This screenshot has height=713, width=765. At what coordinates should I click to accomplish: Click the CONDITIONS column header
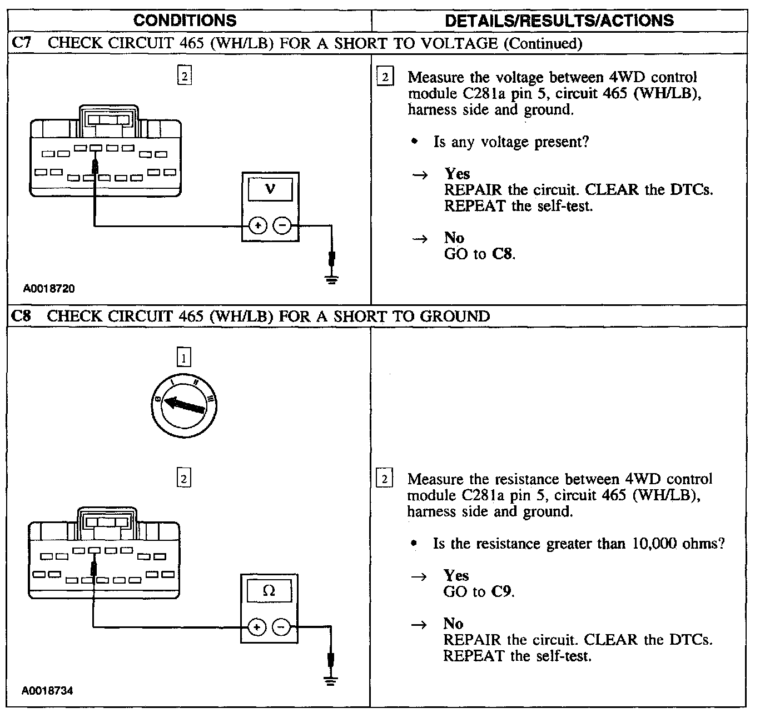coord(185,21)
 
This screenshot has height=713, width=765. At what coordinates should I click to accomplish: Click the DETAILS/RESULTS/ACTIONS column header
coord(559,21)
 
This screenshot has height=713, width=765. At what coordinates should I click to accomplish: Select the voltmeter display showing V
coord(270,189)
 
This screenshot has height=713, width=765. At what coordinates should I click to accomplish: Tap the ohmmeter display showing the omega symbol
coord(269,591)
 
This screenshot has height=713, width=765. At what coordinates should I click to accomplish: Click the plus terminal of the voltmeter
coord(258,225)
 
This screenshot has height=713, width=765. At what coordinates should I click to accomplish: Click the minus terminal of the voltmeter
coord(282,225)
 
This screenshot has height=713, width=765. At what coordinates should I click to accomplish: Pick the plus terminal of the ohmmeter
coord(257,627)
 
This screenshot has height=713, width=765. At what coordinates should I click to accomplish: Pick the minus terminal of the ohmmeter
coord(281,627)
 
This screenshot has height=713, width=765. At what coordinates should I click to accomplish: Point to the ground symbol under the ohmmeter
coord(331,681)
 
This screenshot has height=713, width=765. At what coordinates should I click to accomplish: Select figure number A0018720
coord(49,289)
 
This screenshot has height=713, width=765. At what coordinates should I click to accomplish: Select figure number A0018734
coord(48,691)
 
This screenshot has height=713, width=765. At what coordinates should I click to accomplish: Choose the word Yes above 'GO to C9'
coord(456,575)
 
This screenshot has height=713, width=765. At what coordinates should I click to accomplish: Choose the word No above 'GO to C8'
coord(454,238)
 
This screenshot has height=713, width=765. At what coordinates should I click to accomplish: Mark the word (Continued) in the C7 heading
coord(543,43)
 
